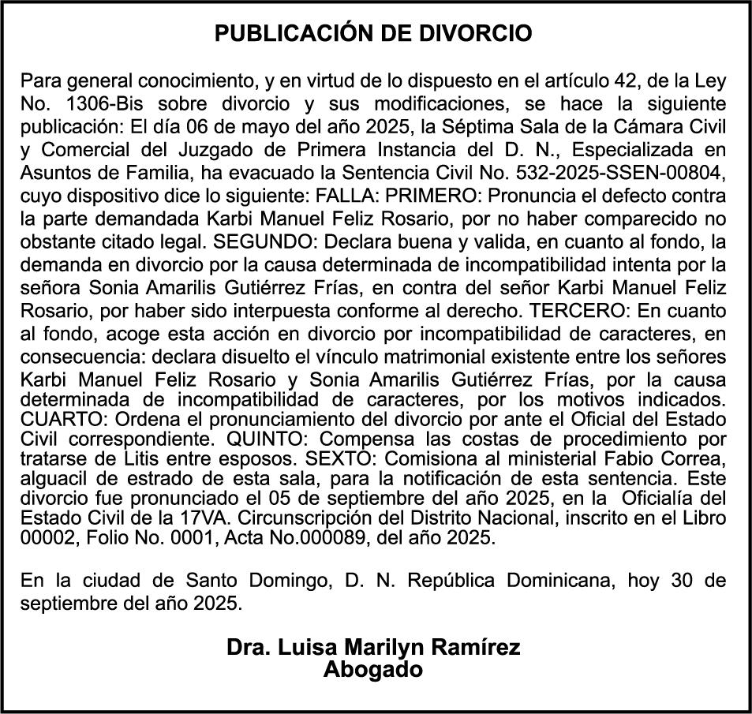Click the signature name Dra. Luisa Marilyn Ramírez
coord(373,647)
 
